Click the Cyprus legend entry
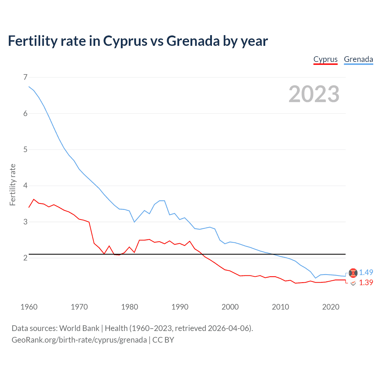coord(325,59)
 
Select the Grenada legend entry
coord(358,59)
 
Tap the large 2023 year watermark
coord(314,94)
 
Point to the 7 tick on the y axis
coord(25,77)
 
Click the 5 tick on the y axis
coord(25,149)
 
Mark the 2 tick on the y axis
coord(25,258)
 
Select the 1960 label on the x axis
coord(29,307)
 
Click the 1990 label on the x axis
coord(180,307)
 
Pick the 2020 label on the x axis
coord(331,307)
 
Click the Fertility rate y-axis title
coord(13,185)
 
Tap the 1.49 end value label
coord(366,272)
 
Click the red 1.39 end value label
coord(366,282)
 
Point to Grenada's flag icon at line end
coord(353,273)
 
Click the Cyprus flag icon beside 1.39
coord(353,283)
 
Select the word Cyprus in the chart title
coord(125,41)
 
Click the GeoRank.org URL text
coord(79,340)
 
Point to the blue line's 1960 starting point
coord(29,87)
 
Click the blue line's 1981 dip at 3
coord(135,222)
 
